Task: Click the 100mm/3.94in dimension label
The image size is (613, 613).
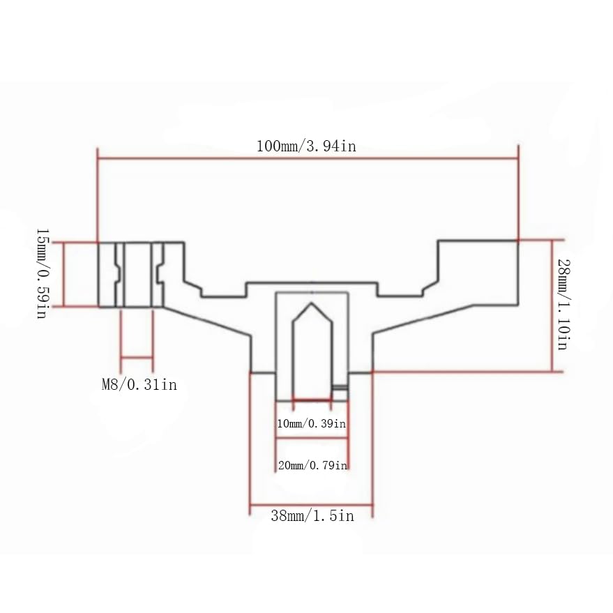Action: point(306,146)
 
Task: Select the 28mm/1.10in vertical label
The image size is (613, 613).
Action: point(563,305)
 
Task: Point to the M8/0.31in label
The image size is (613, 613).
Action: point(139,385)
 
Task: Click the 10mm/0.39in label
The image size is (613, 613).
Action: point(311,423)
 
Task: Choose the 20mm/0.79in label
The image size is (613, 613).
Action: point(312,465)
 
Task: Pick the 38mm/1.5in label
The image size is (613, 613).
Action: point(312,515)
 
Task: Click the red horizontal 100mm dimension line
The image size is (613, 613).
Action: point(308,158)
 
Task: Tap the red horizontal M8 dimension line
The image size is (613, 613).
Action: point(137,357)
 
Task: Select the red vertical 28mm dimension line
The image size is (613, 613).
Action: point(552,305)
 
